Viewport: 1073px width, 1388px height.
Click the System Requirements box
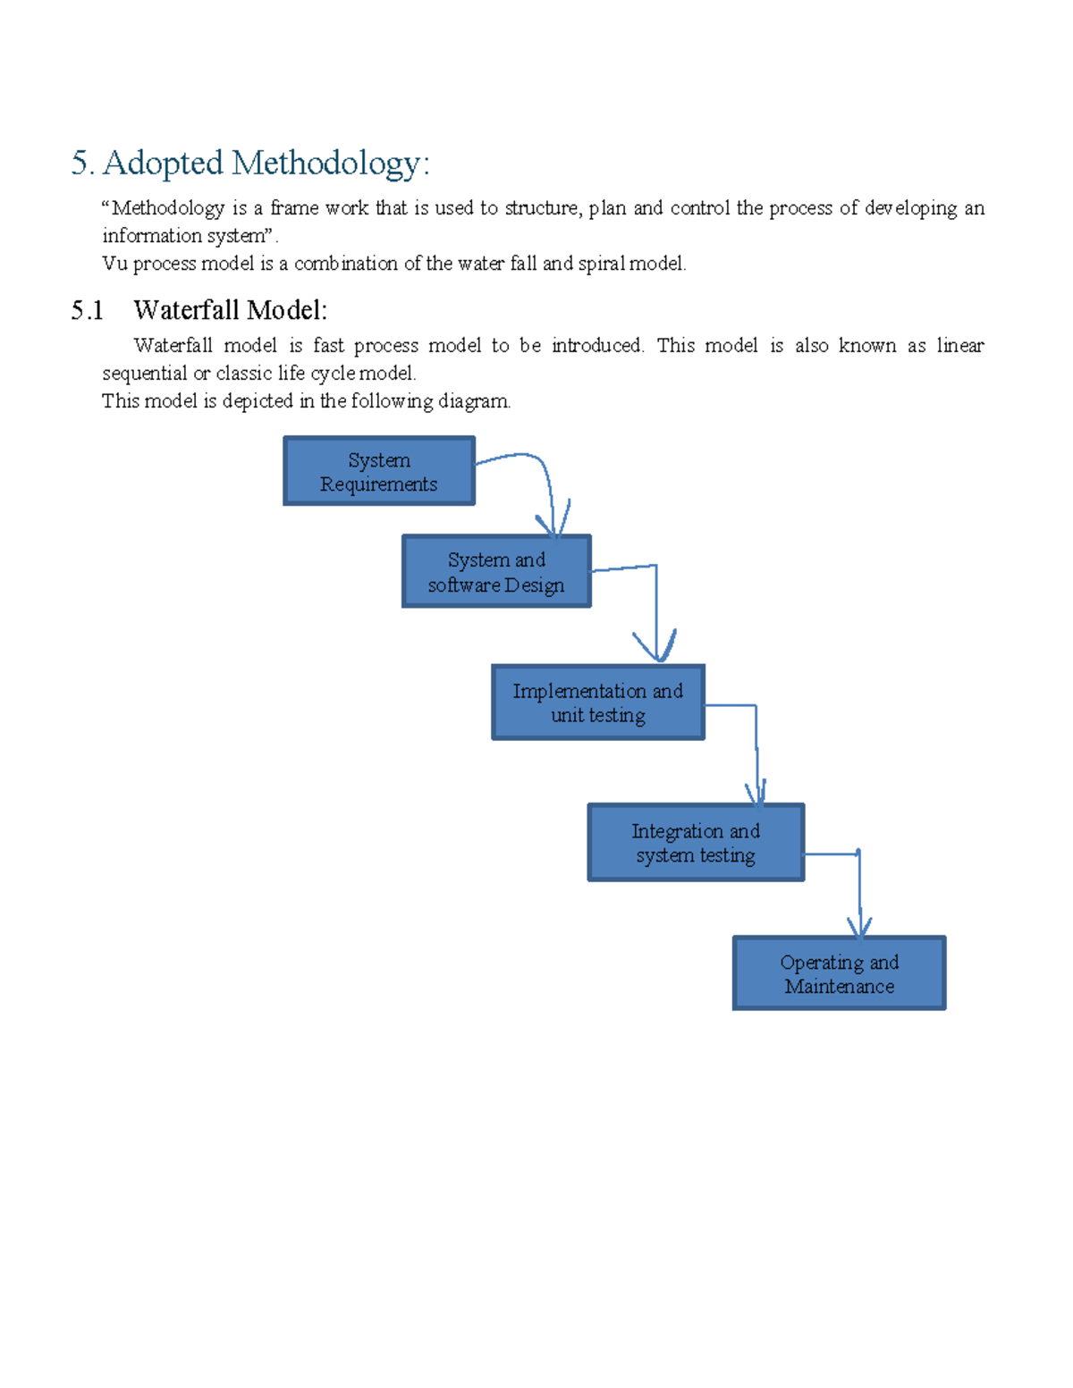tap(379, 471)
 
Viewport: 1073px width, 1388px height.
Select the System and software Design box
tap(496, 572)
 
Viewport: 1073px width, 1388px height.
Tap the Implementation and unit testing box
tap(598, 702)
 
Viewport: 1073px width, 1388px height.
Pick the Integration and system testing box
tap(696, 843)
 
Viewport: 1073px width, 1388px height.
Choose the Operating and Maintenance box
tap(839, 973)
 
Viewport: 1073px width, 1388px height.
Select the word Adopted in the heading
tap(163, 163)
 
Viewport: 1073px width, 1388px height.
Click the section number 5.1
tap(88, 310)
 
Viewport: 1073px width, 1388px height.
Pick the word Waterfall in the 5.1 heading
tap(187, 310)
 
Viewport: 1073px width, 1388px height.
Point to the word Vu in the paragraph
tap(114, 264)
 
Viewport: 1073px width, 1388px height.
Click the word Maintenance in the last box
tap(839, 986)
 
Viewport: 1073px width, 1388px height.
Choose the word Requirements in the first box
tap(379, 484)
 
